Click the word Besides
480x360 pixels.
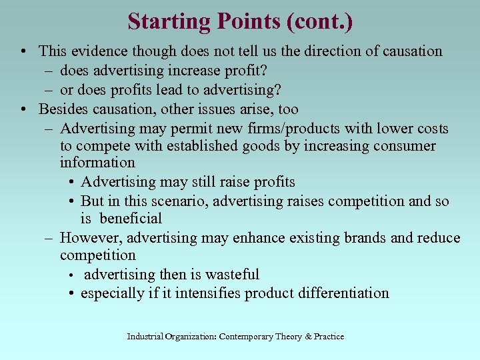(x=61, y=109)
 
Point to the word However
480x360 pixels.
(x=90, y=238)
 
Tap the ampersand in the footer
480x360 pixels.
(x=308, y=337)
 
